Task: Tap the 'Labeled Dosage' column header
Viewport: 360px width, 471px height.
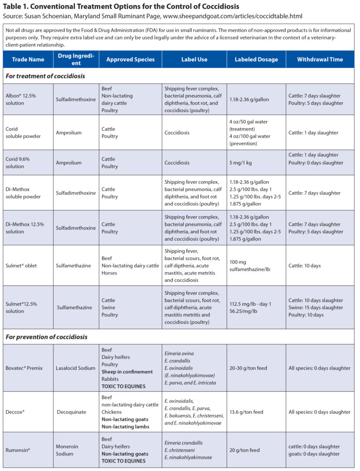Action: click(256, 60)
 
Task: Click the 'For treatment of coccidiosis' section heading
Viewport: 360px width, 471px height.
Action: click(45, 76)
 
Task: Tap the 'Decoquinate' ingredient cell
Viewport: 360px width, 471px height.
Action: click(71, 412)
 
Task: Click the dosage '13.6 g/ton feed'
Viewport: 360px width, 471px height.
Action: click(246, 412)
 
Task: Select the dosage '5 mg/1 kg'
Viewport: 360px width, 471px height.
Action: click(242, 163)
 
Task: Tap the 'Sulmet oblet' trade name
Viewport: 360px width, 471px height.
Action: click(22, 266)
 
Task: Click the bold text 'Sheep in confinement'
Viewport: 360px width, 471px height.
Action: click(127, 372)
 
